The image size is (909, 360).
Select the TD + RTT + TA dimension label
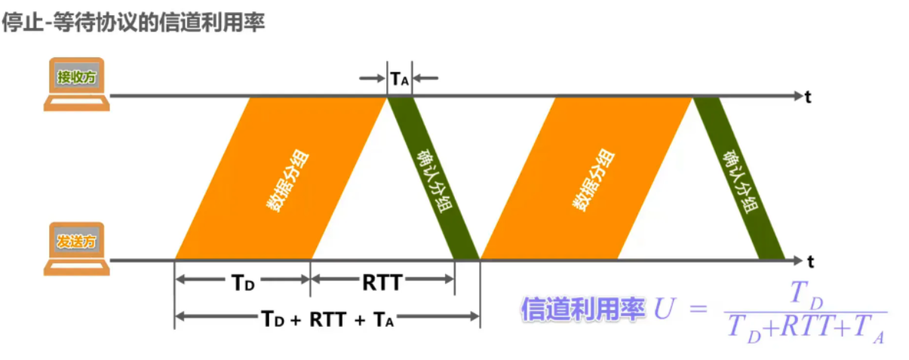click(327, 318)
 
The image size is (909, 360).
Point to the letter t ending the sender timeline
click(810, 262)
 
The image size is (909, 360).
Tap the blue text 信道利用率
click(582, 309)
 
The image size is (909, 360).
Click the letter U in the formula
click(663, 309)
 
